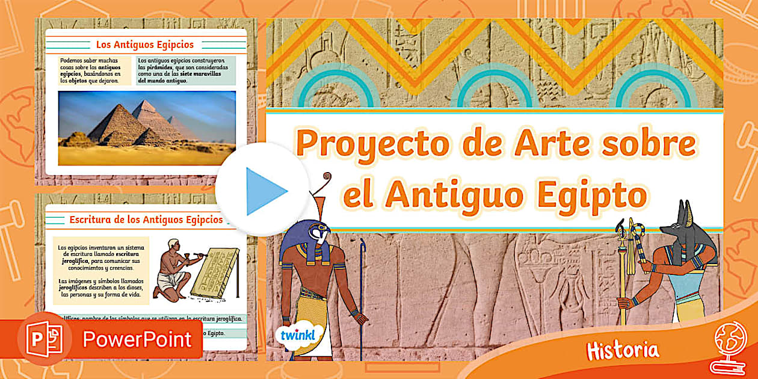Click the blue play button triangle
point(265,191)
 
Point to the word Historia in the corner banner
point(623,350)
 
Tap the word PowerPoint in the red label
point(137,339)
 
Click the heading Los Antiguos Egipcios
point(145,45)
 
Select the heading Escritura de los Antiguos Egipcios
point(146,220)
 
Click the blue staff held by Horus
point(362,289)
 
